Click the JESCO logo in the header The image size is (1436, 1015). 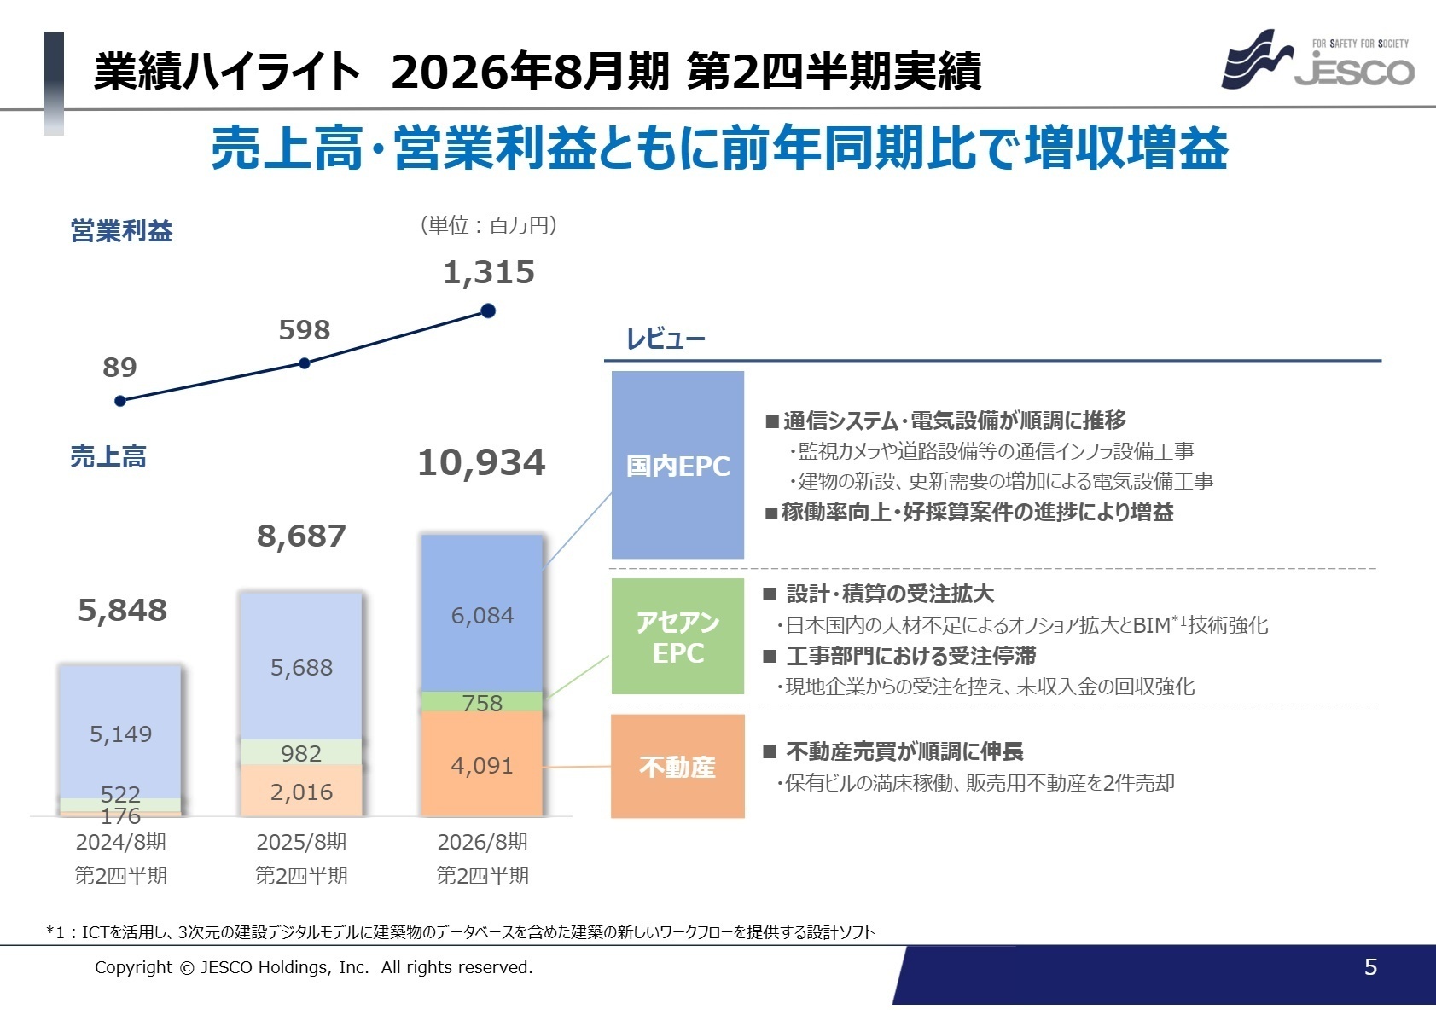click(x=1318, y=61)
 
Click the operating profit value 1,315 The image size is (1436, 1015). click(x=489, y=273)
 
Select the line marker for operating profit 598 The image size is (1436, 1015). click(x=305, y=363)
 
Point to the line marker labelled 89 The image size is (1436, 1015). click(x=120, y=401)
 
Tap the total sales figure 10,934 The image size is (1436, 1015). click(x=481, y=463)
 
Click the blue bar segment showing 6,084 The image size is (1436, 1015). click(x=482, y=614)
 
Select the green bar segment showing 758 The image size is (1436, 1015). click(x=482, y=702)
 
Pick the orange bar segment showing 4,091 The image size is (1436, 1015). click(x=482, y=764)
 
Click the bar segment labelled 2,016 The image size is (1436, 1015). click(x=301, y=792)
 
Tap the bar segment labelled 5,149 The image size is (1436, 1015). click(x=120, y=734)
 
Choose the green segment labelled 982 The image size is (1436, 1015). click(x=301, y=752)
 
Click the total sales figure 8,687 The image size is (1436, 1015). click(x=301, y=536)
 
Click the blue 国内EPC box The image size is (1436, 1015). click(x=677, y=466)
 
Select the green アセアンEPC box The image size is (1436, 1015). click(x=677, y=637)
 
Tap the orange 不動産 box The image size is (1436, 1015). click(x=677, y=767)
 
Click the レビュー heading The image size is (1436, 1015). click(x=666, y=339)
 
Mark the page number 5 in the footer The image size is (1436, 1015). click(x=1370, y=967)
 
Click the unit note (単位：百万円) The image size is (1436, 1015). click(x=489, y=225)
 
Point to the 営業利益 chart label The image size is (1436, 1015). click(x=121, y=231)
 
